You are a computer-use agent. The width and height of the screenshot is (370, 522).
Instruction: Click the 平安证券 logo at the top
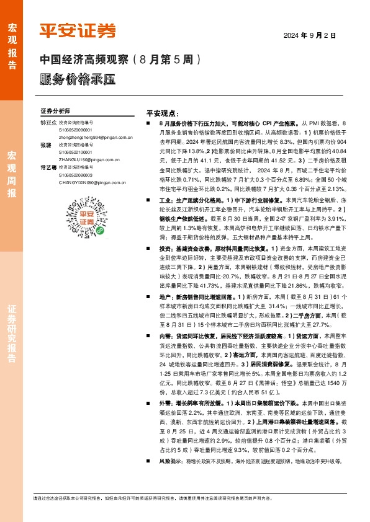(x=78, y=30)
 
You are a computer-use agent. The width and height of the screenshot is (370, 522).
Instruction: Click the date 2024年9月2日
(x=309, y=36)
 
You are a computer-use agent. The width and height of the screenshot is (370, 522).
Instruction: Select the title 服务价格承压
(x=77, y=79)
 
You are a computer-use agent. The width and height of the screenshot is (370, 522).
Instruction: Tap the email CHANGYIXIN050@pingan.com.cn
(x=92, y=183)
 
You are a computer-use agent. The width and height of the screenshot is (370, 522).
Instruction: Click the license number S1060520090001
(x=75, y=130)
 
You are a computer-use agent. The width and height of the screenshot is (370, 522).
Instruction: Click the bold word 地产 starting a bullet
(x=165, y=297)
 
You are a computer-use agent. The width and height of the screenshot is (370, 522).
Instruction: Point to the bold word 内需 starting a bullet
(x=165, y=337)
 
